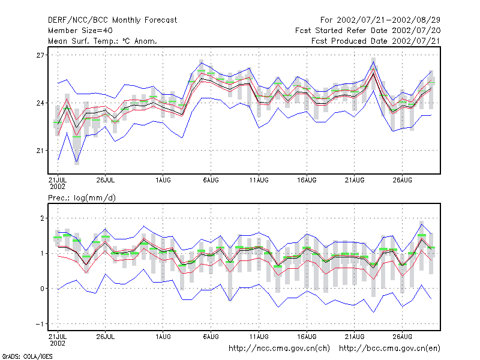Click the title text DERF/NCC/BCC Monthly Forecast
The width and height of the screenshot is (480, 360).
point(112,20)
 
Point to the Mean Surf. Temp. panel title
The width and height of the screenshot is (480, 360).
point(103,41)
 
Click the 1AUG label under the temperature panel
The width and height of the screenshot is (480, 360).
point(163,179)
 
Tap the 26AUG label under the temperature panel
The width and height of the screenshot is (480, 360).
point(402,179)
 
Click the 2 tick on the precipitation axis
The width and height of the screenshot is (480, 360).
point(43,218)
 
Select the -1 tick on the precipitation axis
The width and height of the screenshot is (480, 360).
point(41,324)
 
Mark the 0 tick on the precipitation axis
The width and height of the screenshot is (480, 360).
point(43,289)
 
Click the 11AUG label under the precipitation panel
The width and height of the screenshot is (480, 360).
point(259,336)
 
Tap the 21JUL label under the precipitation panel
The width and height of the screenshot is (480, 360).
point(58,336)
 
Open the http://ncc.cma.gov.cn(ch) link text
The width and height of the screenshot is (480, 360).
point(280,348)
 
